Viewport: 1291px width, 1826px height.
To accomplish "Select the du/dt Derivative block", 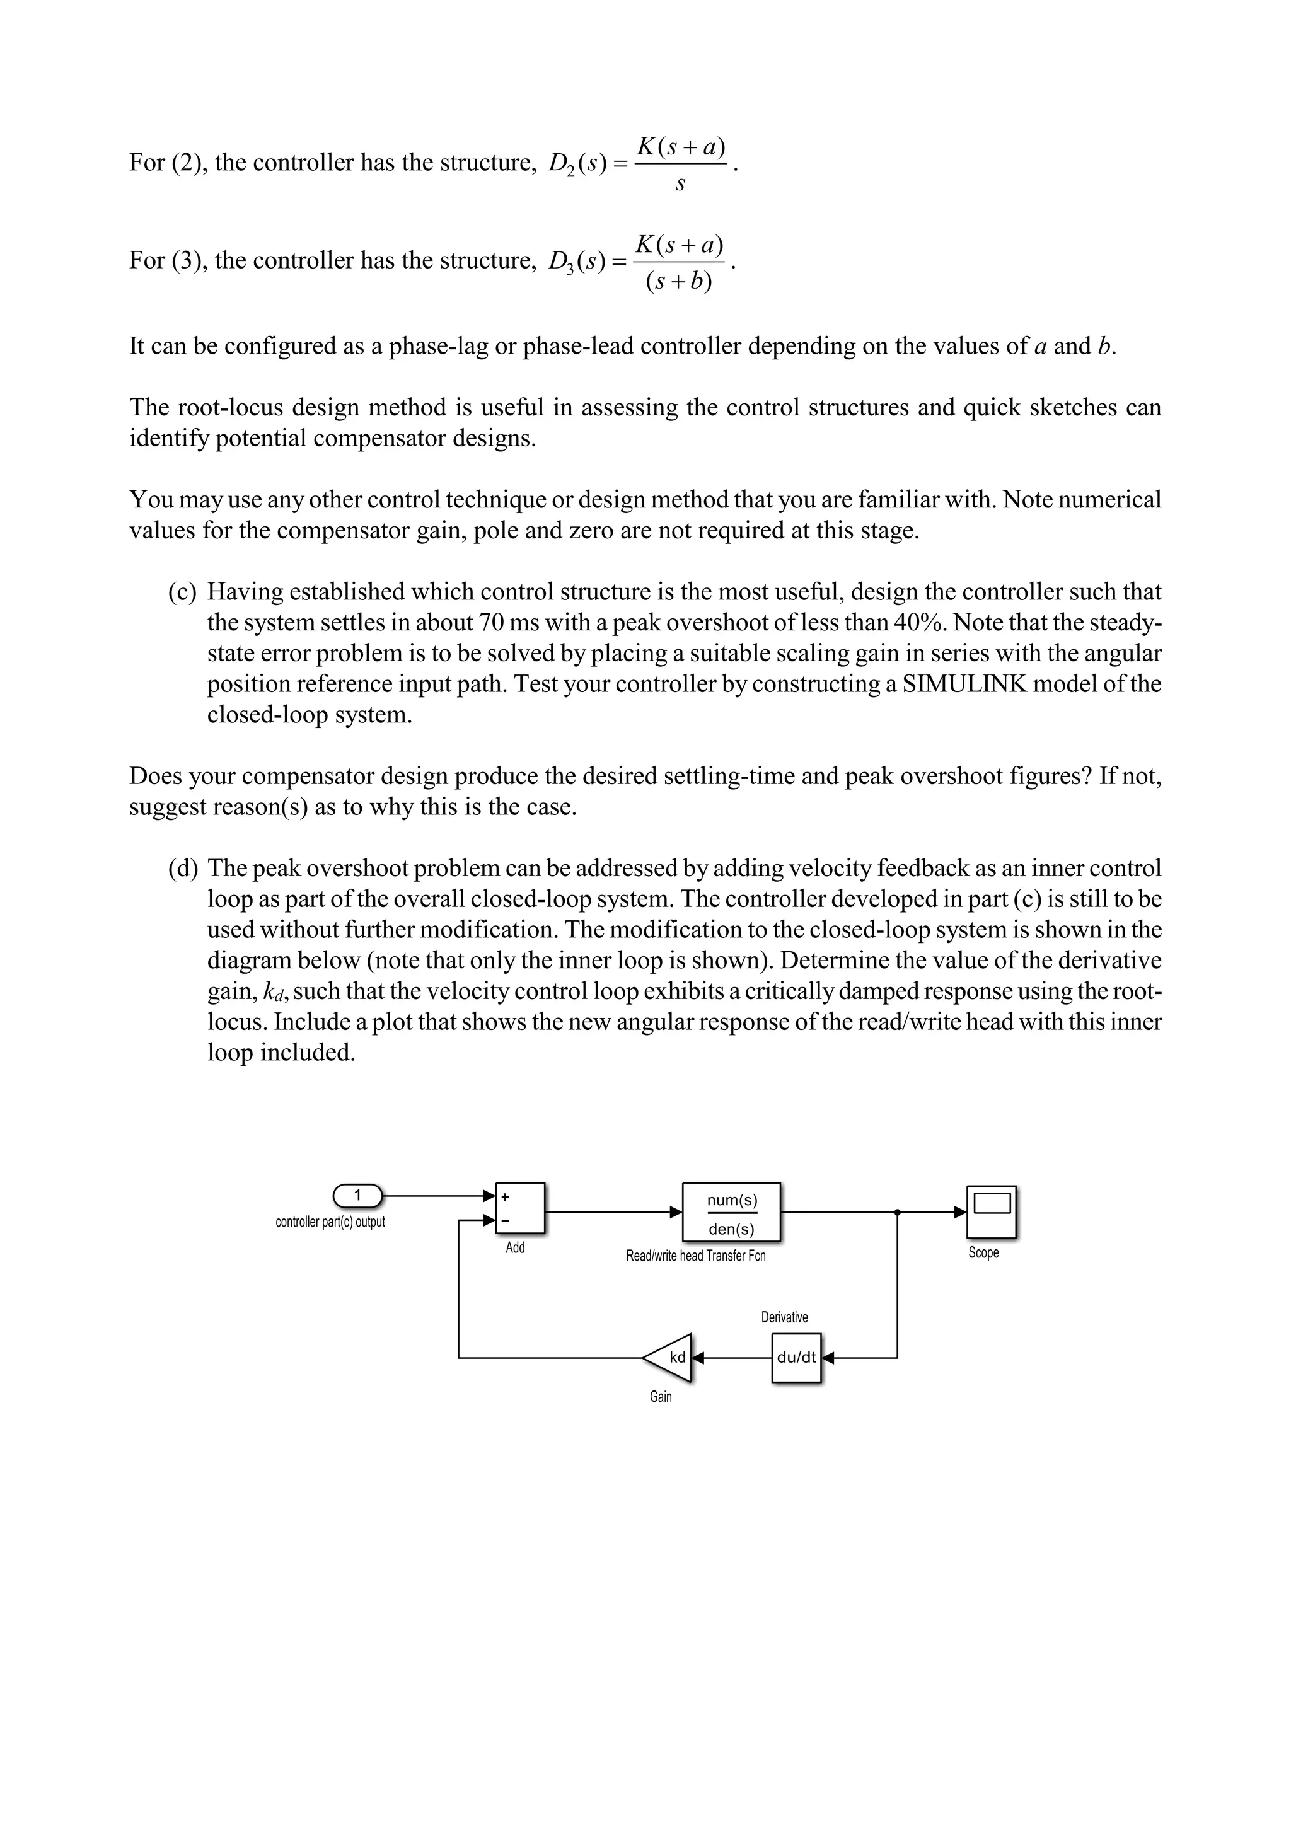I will click(796, 1358).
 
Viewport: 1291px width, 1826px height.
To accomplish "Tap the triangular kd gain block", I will click(671, 1358).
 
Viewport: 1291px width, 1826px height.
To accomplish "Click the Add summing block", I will click(520, 1207).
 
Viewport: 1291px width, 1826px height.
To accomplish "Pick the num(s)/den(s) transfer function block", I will click(731, 1212).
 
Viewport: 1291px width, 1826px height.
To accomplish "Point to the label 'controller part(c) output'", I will click(330, 1222).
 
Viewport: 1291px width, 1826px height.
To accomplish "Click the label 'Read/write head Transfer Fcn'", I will click(695, 1256).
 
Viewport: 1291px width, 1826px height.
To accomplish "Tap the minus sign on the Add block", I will click(505, 1221).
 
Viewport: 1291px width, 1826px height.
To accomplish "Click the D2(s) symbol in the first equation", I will click(577, 164).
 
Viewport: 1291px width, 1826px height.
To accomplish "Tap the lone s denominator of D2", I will click(680, 185).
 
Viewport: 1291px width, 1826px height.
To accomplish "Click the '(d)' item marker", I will click(182, 868).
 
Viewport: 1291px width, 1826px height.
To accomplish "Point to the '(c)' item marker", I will click(182, 592).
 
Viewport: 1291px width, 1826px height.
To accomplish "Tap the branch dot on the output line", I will click(897, 1212).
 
